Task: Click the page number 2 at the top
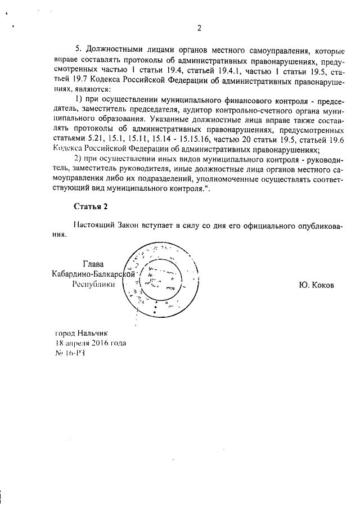coord(199,28)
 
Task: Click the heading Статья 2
coord(90,206)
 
